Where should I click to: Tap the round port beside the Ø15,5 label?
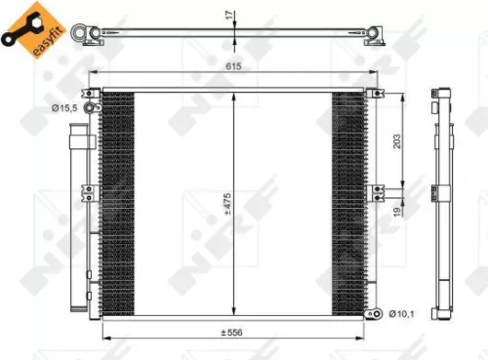91,107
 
